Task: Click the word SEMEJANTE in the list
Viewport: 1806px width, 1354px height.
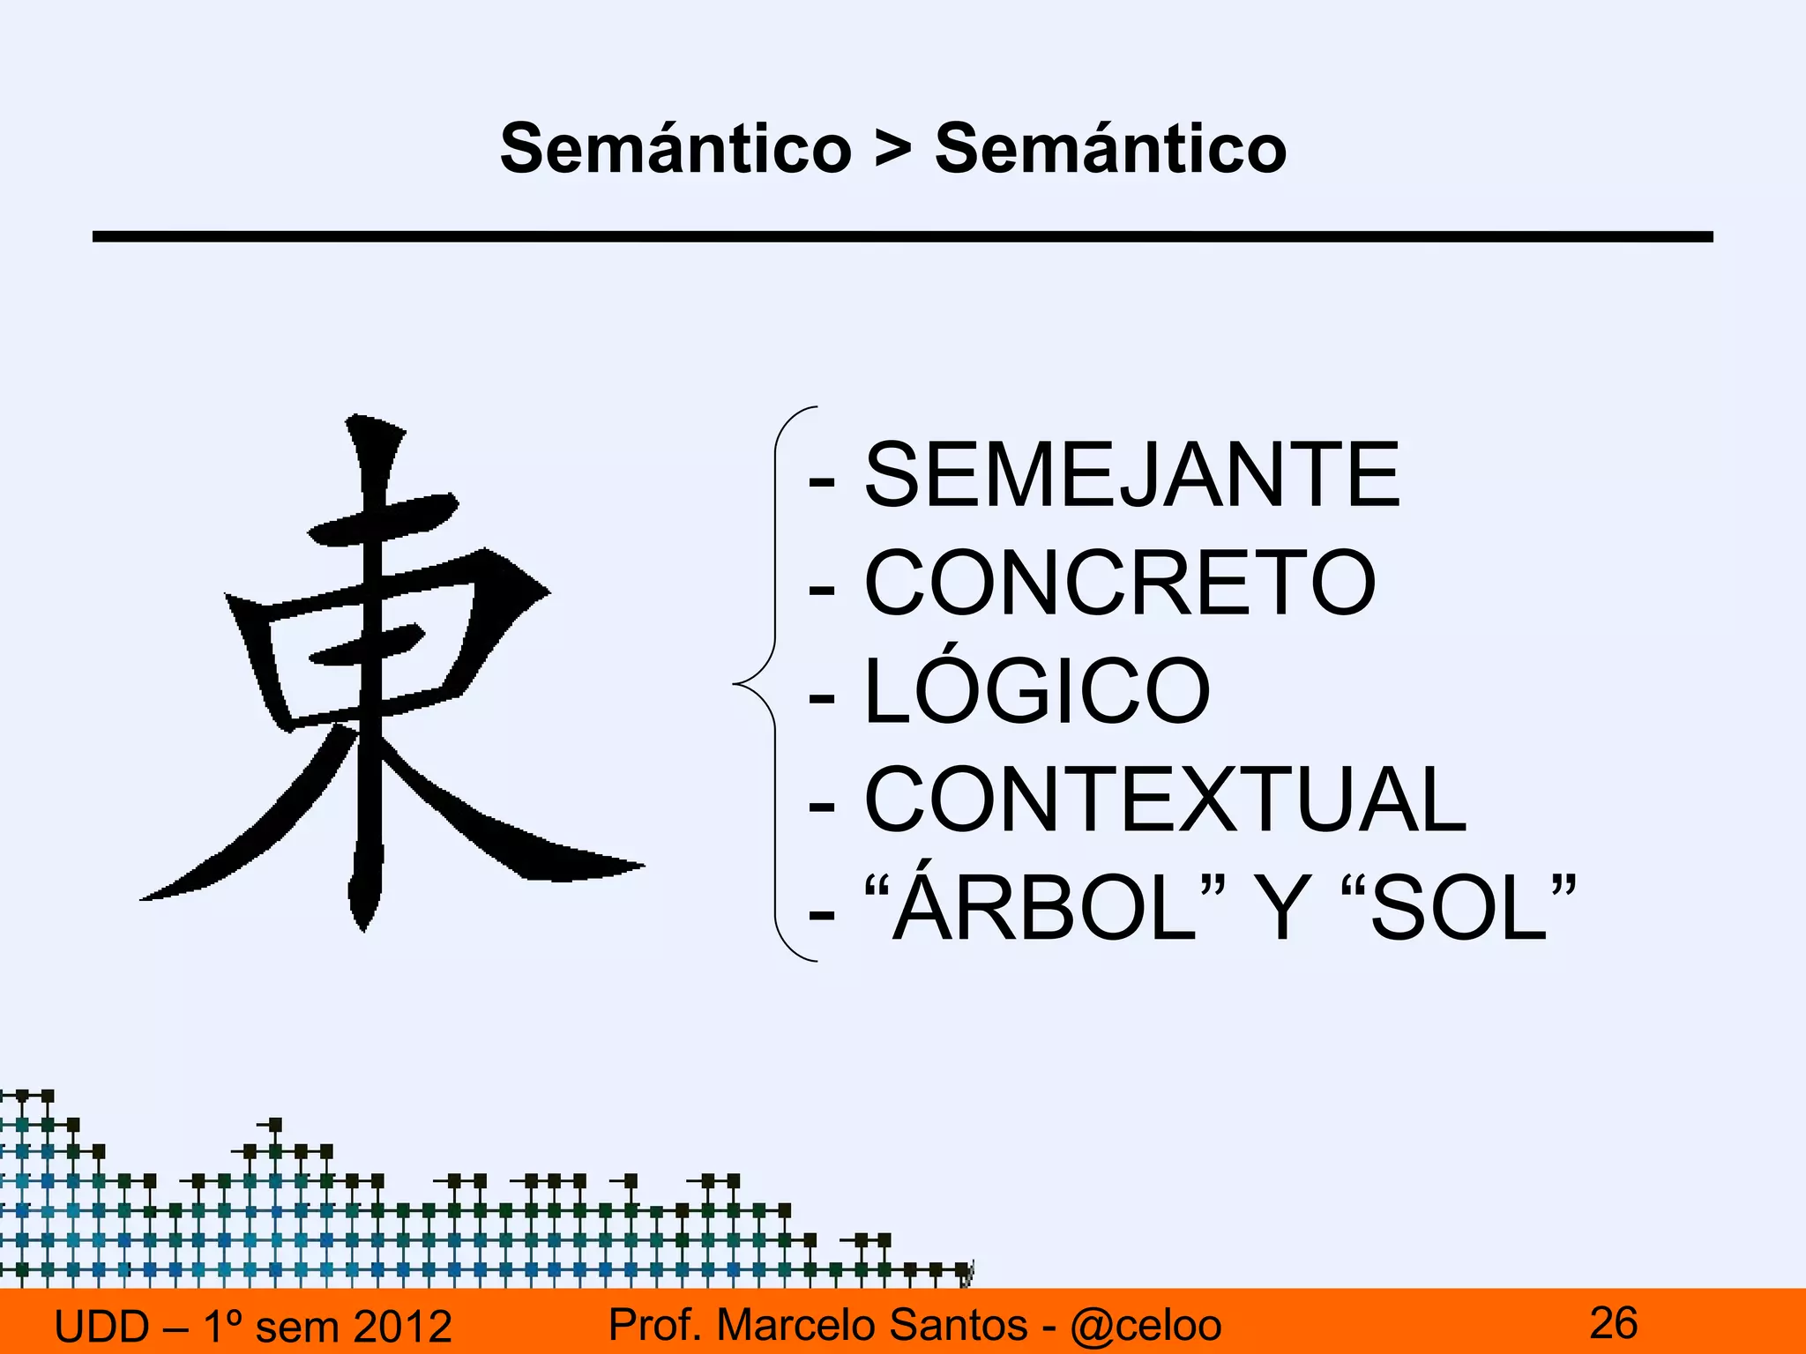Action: click(x=1131, y=475)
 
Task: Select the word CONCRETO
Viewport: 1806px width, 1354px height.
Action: click(x=1120, y=583)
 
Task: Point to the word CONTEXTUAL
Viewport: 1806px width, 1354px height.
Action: click(x=1166, y=800)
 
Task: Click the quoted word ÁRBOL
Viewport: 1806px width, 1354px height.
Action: click(x=1045, y=908)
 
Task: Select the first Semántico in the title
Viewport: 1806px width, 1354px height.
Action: click(x=675, y=148)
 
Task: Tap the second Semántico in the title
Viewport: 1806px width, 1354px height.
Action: click(x=1110, y=148)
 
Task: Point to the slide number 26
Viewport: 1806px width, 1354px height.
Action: click(x=1613, y=1323)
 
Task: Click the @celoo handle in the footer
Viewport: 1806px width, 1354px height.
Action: click(x=1146, y=1325)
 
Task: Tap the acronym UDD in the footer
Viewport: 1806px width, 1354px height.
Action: click(x=102, y=1326)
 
